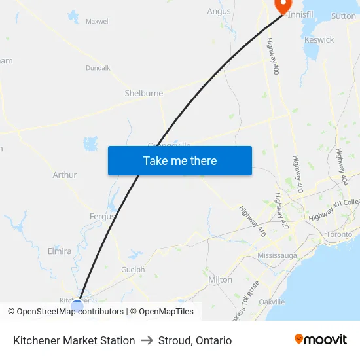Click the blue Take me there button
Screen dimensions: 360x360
(x=180, y=160)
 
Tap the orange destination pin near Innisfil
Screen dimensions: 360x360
(x=283, y=5)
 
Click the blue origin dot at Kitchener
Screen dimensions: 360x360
(x=77, y=306)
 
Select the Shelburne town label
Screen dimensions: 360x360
(x=144, y=93)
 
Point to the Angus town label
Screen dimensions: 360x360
(x=219, y=11)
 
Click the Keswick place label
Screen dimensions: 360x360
(x=319, y=39)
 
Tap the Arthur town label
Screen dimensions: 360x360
(x=65, y=175)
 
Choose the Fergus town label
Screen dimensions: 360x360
(x=102, y=216)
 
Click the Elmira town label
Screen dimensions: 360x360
(x=60, y=251)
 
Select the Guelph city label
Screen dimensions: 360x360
(x=133, y=270)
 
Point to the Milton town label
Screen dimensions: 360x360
(x=220, y=279)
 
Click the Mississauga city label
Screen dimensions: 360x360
(x=278, y=255)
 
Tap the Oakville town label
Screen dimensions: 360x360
(x=272, y=302)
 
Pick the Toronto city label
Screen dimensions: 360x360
(x=339, y=234)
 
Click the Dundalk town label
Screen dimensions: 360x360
(x=98, y=67)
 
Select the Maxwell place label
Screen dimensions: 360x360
(x=98, y=21)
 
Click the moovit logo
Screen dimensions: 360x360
(x=320, y=340)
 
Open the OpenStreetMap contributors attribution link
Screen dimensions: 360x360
(x=70, y=312)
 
